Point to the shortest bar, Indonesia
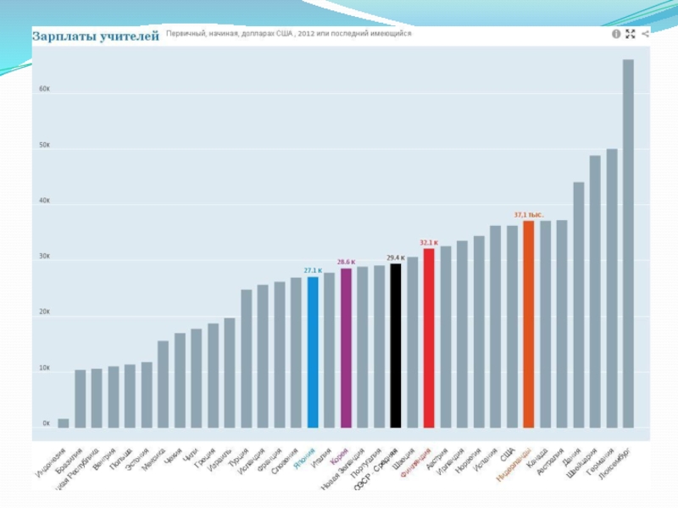click(64, 422)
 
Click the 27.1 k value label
click(313, 270)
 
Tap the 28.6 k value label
click(346, 262)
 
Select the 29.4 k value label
click(396, 257)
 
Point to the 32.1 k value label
click(428, 242)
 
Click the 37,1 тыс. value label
click(528, 214)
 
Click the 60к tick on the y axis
click(45, 89)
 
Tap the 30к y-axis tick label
click(45, 257)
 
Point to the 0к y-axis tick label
click(47, 422)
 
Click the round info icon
click(615, 34)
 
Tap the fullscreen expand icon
click(630, 34)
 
